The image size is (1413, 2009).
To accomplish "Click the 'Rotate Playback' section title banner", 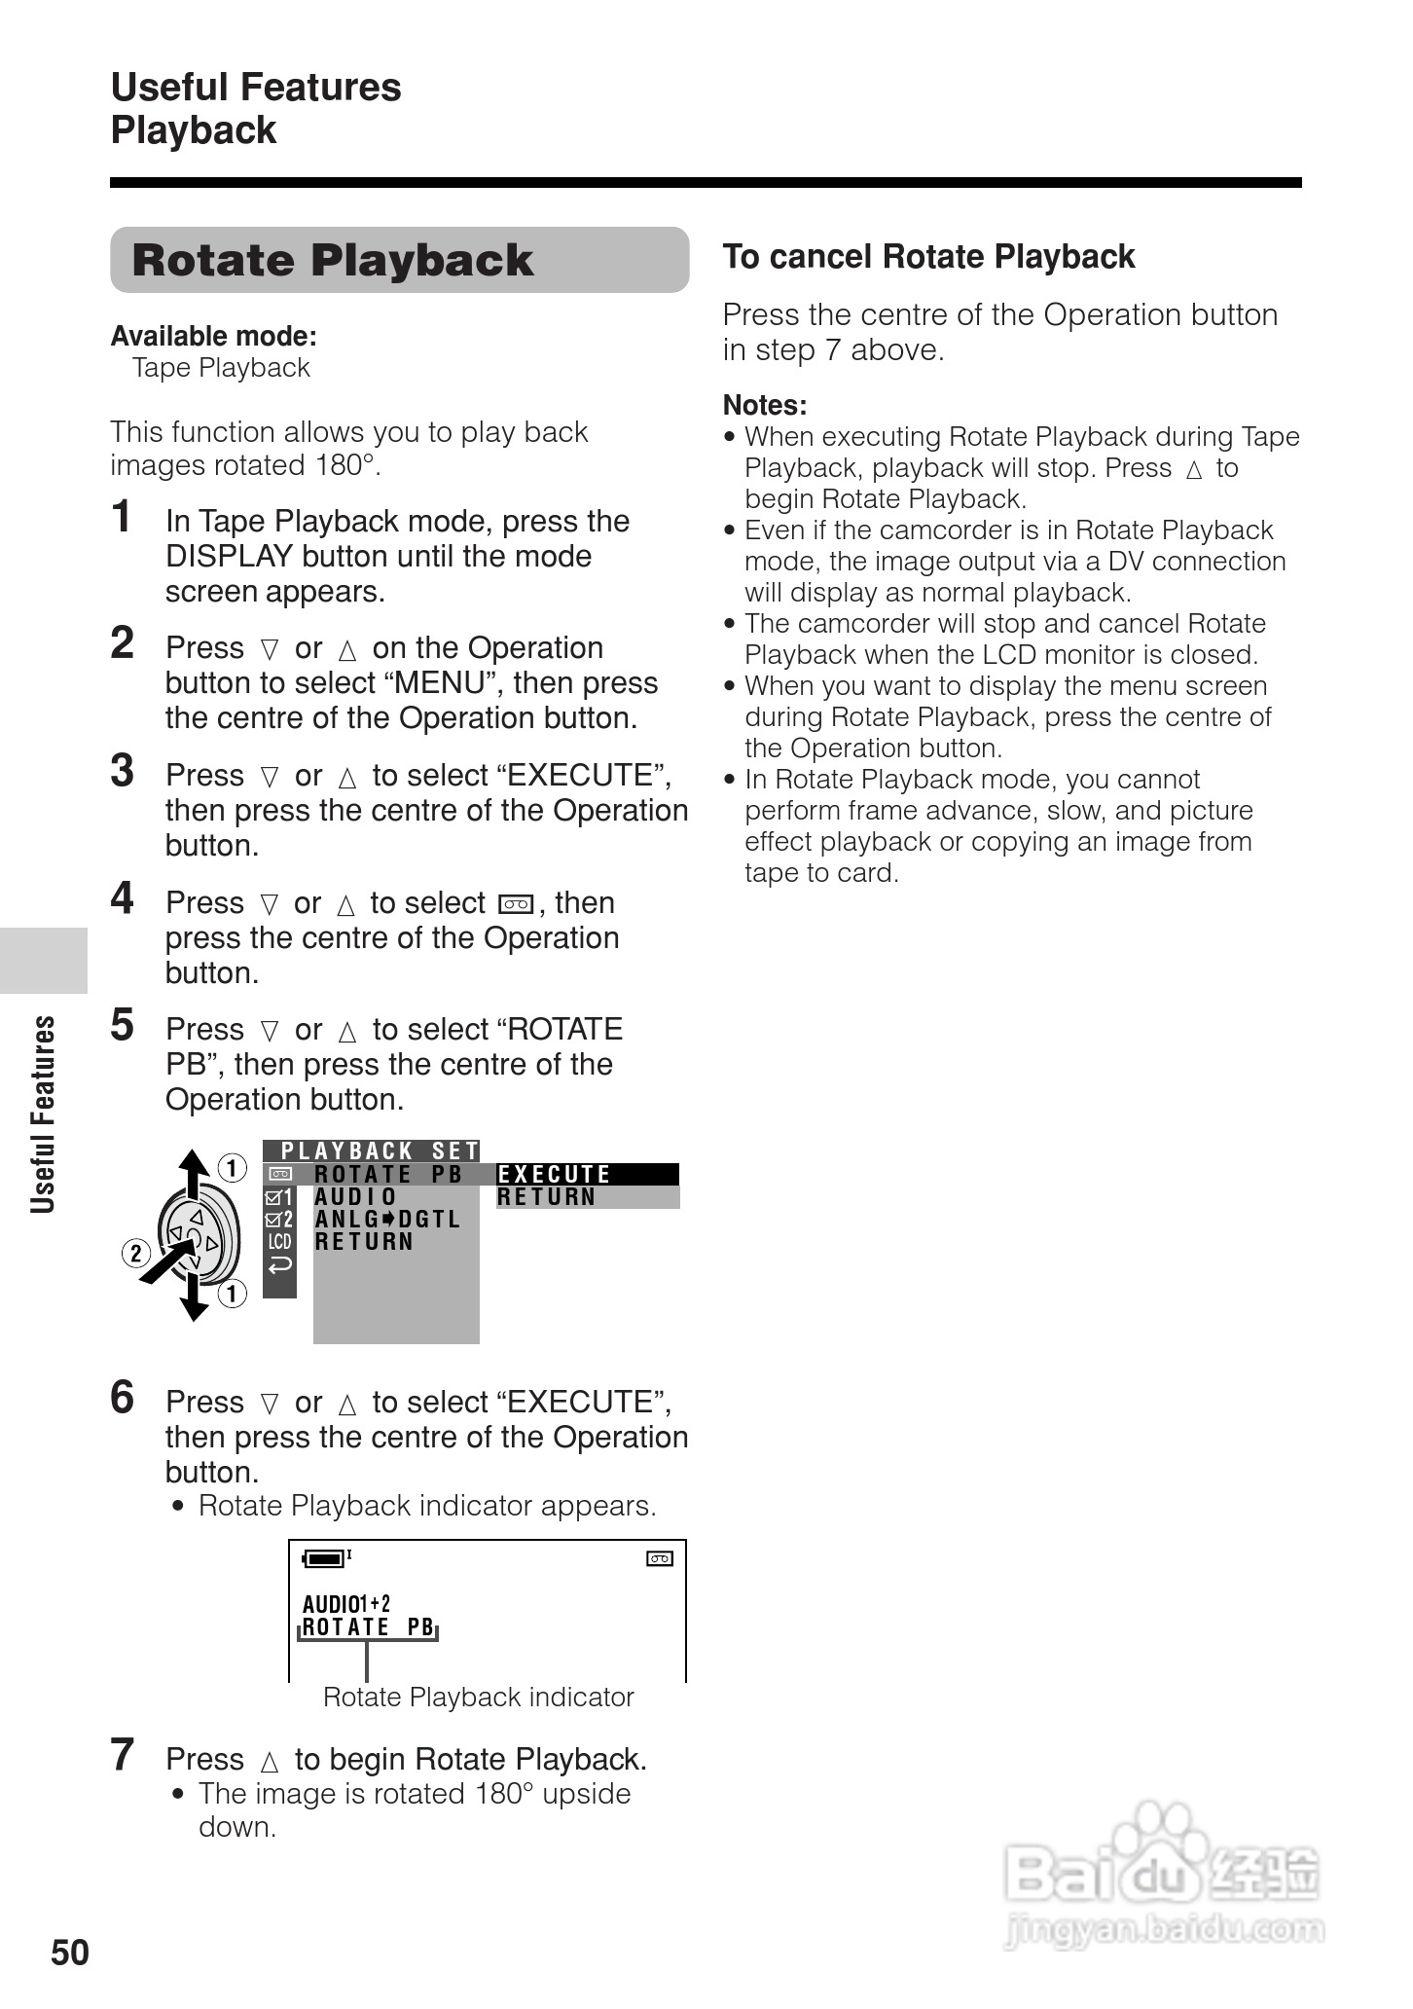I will (x=399, y=260).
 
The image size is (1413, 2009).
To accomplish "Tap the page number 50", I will (x=70, y=1953).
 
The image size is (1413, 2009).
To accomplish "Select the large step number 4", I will (x=122, y=898).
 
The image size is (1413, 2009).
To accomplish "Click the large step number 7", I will (x=122, y=1755).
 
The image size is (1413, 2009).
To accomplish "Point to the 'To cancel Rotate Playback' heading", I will (x=928, y=257).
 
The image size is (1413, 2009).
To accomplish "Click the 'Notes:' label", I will (x=765, y=405).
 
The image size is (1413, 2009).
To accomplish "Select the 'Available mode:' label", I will (x=213, y=337).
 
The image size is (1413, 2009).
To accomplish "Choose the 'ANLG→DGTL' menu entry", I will (x=387, y=1220).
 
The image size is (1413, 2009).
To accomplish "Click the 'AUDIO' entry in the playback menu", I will (x=356, y=1197).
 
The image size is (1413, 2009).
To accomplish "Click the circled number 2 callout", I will (x=135, y=1253).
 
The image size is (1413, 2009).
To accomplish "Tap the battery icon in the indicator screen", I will (x=325, y=1558).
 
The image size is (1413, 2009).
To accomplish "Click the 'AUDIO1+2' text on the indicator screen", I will (x=346, y=1603).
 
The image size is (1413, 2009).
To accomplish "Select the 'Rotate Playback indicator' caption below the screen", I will (x=478, y=1698).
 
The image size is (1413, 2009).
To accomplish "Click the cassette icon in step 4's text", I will (x=515, y=904).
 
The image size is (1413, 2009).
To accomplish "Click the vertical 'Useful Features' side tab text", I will (x=43, y=1114).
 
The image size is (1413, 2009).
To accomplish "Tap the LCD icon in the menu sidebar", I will (x=280, y=1242).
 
